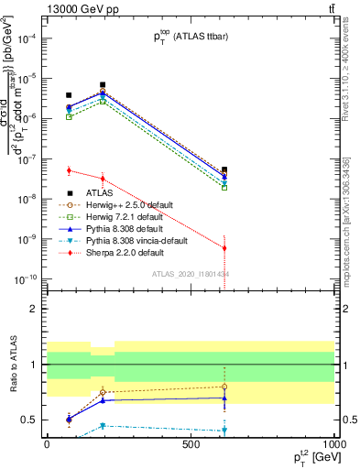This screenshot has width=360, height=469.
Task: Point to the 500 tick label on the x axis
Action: (191, 444)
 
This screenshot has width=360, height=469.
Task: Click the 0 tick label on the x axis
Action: (47, 444)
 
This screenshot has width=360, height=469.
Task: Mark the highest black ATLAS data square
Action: (103, 84)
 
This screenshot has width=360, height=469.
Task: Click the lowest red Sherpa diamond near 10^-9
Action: (224, 248)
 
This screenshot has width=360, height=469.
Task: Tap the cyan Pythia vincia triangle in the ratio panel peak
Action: (103, 425)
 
